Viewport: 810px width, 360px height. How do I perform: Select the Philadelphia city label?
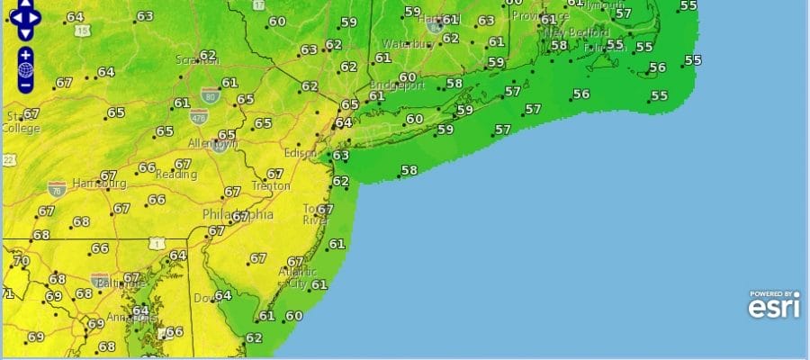click(x=238, y=215)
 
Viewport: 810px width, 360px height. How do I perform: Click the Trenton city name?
click(x=271, y=185)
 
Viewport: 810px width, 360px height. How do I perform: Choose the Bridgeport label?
click(x=396, y=85)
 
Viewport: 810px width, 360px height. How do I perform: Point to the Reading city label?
click(x=176, y=174)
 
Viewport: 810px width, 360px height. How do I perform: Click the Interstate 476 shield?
click(x=199, y=115)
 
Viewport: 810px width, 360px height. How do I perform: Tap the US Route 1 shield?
click(x=158, y=244)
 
